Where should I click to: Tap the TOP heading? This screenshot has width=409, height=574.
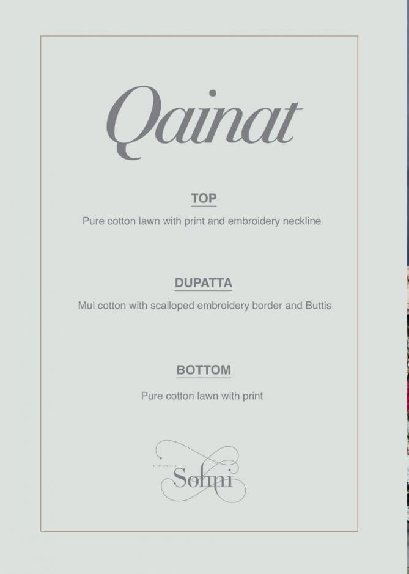[x=204, y=198]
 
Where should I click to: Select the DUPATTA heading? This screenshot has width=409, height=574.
[x=204, y=283]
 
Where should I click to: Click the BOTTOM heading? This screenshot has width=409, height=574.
[x=204, y=370]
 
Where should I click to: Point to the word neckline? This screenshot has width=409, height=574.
[x=301, y=221]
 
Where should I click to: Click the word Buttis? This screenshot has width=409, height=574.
[x=319, y=305]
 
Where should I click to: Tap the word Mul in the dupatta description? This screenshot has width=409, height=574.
[x=86, y=305]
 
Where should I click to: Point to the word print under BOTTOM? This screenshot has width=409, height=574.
[x=252, y=396]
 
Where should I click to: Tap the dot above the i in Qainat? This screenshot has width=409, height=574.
[x=213, y=94]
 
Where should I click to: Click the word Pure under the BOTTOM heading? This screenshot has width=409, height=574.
[x=152, y=396]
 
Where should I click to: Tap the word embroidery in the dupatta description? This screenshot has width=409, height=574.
[x=223, y=305]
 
